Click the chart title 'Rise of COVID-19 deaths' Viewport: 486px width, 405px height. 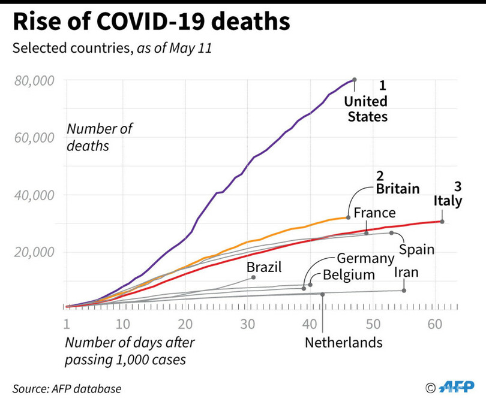[x=151, y=22]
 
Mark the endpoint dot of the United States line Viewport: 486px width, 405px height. [x=354, y=79]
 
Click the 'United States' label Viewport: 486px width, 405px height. [x=367, y=108]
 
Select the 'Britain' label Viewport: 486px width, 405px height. [x=397, y=189]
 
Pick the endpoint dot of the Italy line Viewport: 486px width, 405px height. [x=442, y=222]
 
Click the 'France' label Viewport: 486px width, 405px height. [x=374, y=213]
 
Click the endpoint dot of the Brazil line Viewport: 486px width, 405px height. [x=253, y=277]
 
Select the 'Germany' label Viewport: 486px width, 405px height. [x=364, y=259]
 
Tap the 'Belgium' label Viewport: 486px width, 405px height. [x=348, y=275]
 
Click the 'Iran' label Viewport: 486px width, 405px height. [x=406, y=273]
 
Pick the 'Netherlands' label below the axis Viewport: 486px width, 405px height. [x=343, y=343]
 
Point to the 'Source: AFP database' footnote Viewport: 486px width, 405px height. [x=67, y=388]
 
